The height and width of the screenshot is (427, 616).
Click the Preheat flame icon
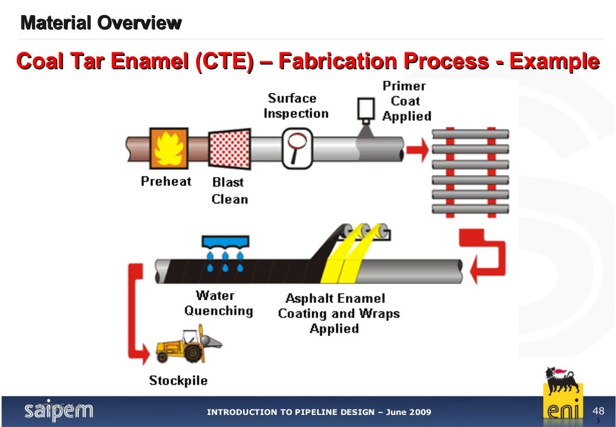point(168,148)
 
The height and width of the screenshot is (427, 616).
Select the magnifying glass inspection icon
point(295,146)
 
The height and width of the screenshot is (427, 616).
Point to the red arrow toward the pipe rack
point(417,148)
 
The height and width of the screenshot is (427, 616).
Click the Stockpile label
point(178,381)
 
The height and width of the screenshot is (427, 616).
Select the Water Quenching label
point(218,303)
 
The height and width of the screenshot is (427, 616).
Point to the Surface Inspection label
point(296,105)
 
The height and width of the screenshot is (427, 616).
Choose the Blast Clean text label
point(230,190)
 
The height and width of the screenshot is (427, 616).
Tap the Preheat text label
point(166,181)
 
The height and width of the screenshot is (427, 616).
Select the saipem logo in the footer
point(58,411)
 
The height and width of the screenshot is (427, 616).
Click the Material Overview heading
point(101,23)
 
